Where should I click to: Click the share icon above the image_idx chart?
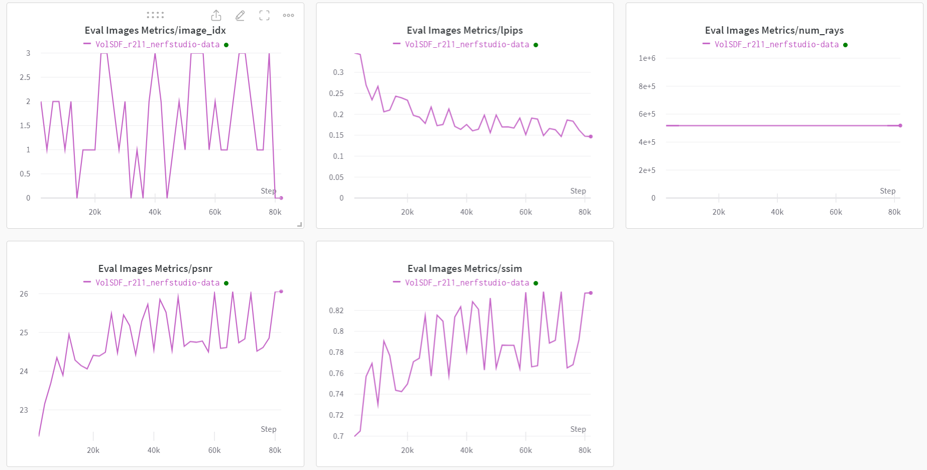click(x=216, y=16)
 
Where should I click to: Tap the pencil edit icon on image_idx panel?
click(x=240, y=16)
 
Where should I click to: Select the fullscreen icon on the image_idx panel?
click(x=264, y=16)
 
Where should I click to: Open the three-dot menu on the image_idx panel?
click(x=288, y=16)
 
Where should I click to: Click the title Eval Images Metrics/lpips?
click(x=465, y=30)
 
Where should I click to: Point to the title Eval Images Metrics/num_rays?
click(x=774, y=30)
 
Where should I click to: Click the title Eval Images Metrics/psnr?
click(x=155, y=268)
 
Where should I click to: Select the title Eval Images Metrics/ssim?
click(x=465, y=268)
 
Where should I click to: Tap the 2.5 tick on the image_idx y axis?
click(x=25, y=77)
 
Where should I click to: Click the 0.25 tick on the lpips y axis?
click(x=336, y=93)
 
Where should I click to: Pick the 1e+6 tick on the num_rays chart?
click(x=647, y=58)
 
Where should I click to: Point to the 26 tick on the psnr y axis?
click(x=24, y=294)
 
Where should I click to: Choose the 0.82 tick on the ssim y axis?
click(x=336, y=311)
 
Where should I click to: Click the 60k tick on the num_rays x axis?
click(x=836, y=212)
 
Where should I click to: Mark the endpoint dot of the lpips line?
click(x=591, y=137)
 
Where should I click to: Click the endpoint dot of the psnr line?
click(x=281, y=291)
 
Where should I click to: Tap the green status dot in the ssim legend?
click(x=536, y=283)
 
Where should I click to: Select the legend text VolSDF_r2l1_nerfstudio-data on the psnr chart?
click(x=158, y=283)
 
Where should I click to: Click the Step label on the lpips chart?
click(x=578, y=191)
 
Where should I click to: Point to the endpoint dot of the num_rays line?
click(x=900, y=126)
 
